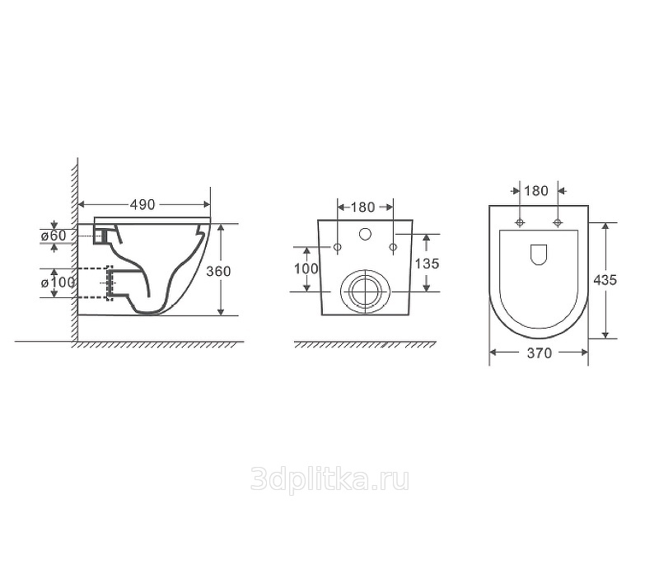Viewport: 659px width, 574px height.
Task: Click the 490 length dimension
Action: click(x=143, y=204)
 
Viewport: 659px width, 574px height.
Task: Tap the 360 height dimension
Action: click(x=218, y=272)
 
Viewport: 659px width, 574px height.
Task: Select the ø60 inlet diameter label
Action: click(x=54, y=236)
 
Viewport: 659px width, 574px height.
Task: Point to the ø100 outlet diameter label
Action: click(x=58, y=282)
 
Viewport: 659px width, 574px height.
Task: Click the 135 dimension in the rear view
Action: click(x=427, y=264)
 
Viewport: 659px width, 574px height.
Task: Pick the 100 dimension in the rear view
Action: click(x=306, y=268)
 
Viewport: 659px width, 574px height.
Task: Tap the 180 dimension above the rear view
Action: click(x=362, y=208)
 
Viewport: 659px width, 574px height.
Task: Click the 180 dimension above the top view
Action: click(x=536, y=191)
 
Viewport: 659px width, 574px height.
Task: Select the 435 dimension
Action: click(x=605, y=280)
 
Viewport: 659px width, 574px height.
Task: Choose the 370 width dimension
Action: click(x=540, y=353)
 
